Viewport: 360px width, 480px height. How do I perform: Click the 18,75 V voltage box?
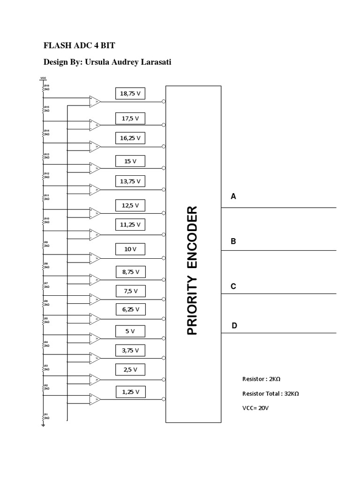click(x=130, y=94)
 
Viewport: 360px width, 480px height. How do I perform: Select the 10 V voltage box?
click(x=130, y=249)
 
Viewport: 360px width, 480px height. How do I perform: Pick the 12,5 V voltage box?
click(x=130, y=205)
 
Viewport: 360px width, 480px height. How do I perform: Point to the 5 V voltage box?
click(x=130, y=331)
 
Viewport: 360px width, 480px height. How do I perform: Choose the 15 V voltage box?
click(x=130, y=161)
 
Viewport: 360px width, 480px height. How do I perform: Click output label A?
click(x=233, y=196)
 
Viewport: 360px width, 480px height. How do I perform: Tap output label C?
click(x=233, y=286)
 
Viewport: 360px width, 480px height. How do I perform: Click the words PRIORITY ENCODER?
click(x=193, y=270)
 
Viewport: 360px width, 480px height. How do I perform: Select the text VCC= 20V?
click(x=255, y=408)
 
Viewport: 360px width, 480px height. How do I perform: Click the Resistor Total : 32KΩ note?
click(x=270, y=393)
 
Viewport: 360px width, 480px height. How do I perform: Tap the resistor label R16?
click(x=46, y=86)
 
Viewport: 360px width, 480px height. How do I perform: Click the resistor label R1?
click(x=46, y=414)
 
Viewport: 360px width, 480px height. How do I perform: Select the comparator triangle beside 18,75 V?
click(x=95, y=101)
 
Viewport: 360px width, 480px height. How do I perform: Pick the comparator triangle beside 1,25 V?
click(x=95, y=399)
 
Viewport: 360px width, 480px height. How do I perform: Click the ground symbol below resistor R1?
click(x=43, y=425)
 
